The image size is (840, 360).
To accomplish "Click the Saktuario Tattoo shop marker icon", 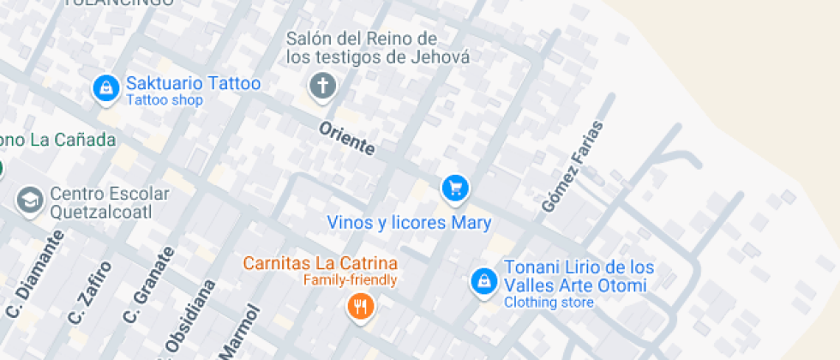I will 106,87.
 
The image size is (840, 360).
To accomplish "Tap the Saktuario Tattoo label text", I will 193,84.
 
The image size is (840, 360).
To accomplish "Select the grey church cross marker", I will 322,86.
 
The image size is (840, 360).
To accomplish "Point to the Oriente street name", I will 347,138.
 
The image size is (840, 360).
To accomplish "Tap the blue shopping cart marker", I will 454,187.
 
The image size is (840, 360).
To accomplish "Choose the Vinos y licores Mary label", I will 409,223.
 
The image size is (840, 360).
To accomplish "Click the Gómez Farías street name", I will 573,167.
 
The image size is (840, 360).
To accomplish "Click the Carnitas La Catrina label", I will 321,263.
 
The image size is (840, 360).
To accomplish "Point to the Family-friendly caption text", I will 350,279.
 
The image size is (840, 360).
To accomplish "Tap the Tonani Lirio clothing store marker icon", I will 483,280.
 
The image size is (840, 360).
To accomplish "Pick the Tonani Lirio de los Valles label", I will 579,276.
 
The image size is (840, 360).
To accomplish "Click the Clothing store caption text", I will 549,302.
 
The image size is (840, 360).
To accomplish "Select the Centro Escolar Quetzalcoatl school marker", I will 31,201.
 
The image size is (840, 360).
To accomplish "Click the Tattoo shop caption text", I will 165,100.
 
